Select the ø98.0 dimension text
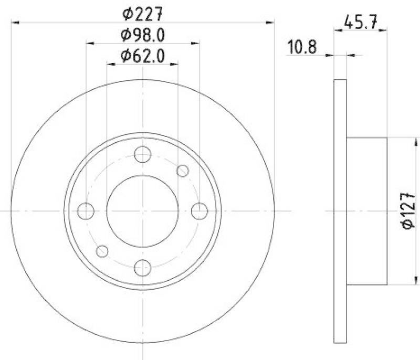click(x=143, y=35)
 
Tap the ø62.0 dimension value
click(x=143, y=55)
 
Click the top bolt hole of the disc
click(x=142, y=154)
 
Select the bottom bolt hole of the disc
click(x=142, y=268)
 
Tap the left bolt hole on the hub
click(x=86, y=211)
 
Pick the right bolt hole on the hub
click(x=199, y=211)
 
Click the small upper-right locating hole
click(x=182, y=171)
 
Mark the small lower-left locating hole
click(x=102, y=251)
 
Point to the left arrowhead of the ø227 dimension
click(x=14, y=22)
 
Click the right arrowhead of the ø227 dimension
click(x=271, y=22)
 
